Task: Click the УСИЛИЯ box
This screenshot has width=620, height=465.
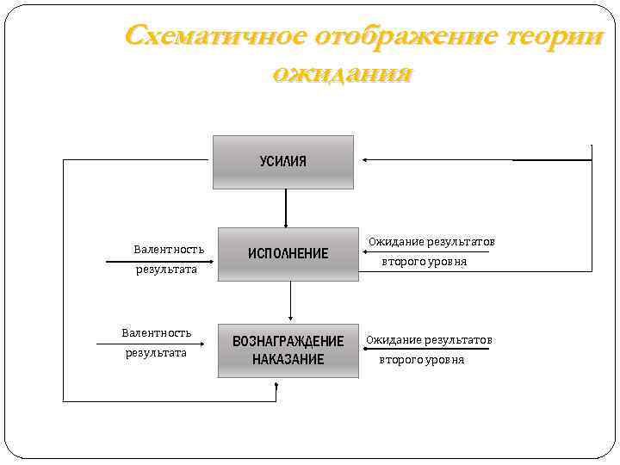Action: [x=283, y=162]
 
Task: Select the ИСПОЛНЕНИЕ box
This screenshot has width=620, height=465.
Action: [x=288, y=254]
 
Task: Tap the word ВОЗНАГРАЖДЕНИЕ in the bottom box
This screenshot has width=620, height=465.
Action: [x=288, y=341]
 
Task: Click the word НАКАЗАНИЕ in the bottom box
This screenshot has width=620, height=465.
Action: [x=288, y=359]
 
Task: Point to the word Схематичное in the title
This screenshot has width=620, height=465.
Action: [x=215, y=37]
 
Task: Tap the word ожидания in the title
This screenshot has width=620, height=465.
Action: [x=342, y=72]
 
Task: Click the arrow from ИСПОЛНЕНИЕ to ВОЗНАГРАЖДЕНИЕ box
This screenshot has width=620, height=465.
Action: [x=291, y=301]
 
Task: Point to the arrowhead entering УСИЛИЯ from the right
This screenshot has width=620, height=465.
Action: [x=366, y=160]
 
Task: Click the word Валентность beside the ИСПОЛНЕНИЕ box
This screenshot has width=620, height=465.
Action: [x=169, y=250]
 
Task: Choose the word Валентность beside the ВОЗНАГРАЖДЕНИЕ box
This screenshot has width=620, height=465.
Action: [x=157, y=332]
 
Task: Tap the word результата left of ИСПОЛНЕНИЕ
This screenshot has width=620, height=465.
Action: [x=166, y=270]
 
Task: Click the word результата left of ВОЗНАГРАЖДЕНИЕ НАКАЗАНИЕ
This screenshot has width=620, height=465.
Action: [x=156, y=352]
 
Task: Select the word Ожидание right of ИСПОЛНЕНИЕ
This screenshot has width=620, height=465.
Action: [x=396, y=242]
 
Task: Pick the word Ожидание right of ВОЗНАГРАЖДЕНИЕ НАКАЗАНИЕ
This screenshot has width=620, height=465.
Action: [x=394, y=340]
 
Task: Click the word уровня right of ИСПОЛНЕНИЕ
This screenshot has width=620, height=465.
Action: [x=449, y=262]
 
